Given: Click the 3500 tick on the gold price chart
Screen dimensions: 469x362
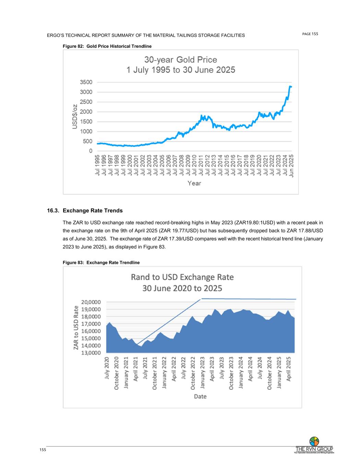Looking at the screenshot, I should pos(86,82).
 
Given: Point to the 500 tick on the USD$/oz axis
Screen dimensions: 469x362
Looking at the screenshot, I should pos(87,141).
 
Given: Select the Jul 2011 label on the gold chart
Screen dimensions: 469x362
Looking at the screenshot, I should pos(201,166).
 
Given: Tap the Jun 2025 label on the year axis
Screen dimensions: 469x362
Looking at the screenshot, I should pos(291,166).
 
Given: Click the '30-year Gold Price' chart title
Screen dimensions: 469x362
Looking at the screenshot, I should pos(180,60).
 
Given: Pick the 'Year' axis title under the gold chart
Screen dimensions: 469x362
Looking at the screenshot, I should pos(194,183).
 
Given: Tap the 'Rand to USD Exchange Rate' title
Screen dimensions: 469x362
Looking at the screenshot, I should pos(182,277).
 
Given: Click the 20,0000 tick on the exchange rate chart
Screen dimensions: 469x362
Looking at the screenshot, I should pos(91,302).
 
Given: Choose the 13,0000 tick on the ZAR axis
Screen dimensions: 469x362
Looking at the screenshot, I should pos(91,353).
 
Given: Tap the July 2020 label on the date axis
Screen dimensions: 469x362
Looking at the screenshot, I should pos(107,368).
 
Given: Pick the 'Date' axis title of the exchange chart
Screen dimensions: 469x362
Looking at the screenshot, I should pos(200,397).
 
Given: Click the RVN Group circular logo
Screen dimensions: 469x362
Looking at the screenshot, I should pos(314,441).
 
